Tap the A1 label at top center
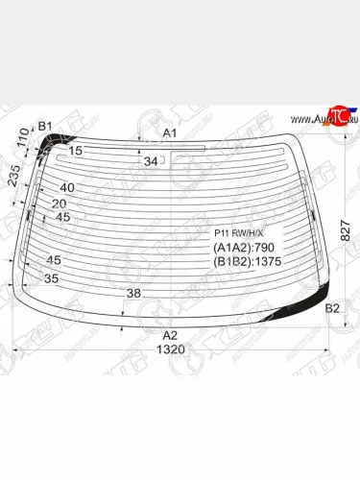click(x=169, y=132)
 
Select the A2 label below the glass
click(x=170, y=335)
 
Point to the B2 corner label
click(x=332, y=308)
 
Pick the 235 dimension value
click(x=13, y=178)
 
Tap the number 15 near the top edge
click(x=76, y=151)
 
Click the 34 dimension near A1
click(x=151, y=161)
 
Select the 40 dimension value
click(x=66, y=188)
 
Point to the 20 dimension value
click(x=59, y=203)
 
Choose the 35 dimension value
click(x=51, y=278)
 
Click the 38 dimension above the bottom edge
click(x=133, y=294)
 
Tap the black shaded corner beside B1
click(x=51, y=141)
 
